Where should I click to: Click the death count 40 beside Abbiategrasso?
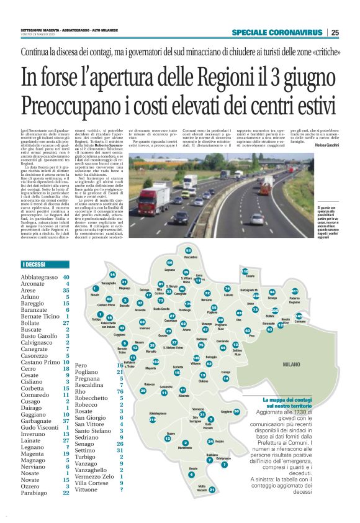[65, 277]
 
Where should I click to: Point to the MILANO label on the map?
[292, 365]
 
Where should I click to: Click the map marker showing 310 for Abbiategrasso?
[153, 419]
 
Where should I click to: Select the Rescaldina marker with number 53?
[189, 250]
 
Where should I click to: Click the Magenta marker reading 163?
[155, 362]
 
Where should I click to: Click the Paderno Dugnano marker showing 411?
[295, 291]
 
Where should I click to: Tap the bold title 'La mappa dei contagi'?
[290, 399]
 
